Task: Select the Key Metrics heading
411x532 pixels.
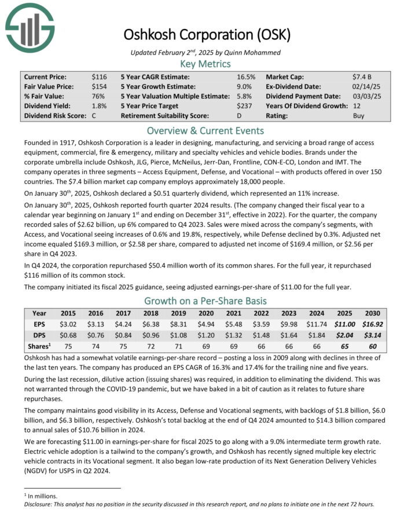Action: [205, 64]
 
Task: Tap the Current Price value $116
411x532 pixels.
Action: [99, 77]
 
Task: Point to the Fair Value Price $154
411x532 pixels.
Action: [99, 87]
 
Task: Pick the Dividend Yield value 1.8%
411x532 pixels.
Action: [99, 106]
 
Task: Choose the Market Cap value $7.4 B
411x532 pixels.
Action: [362, 77]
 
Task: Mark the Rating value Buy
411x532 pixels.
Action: [359, 116]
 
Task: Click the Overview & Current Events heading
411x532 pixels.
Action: [205, 130]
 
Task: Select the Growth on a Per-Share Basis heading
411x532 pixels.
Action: [205, 300]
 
